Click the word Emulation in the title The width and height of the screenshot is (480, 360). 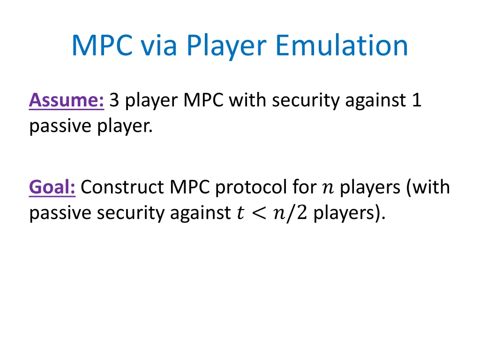point(341,46)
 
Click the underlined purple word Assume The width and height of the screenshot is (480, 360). point(66,100)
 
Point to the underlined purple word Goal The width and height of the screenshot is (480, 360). point(52,187)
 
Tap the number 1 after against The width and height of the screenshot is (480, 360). point(417,100)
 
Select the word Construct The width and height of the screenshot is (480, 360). point(122,187)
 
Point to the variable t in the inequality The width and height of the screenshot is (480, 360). point(240,213)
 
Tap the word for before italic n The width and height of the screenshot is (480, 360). point(305,187)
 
